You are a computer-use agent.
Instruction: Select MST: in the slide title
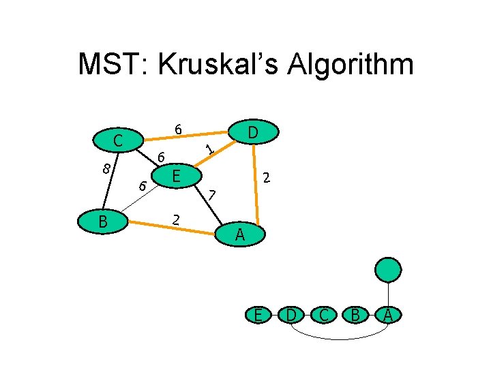coord(112,65)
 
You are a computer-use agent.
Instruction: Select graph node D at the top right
coord(252,132)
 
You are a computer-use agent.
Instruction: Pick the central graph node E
coord(176,177)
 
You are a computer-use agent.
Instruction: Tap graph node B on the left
coord(102,221)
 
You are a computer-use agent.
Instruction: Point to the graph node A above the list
coord(239,235)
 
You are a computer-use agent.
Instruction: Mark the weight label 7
coord(212,194)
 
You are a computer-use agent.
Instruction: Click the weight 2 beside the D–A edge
coord(268,179)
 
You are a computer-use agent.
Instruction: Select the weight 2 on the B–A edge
coord(176,219)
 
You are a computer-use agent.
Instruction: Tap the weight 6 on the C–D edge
coord(177,129)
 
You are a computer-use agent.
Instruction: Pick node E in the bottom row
coord(258,315)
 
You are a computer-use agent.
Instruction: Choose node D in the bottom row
coord(291,315)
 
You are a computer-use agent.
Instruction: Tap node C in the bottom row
coord(323,315)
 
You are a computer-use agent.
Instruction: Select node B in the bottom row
coord(355,315)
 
